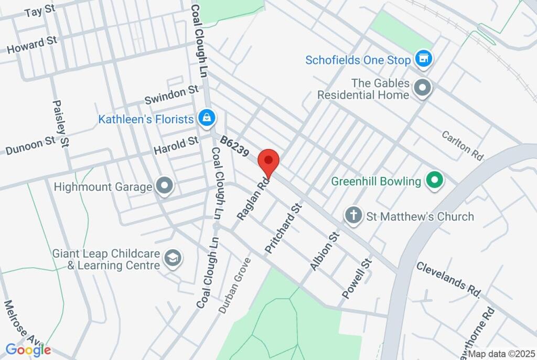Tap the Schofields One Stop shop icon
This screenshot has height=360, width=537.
click(x=423, y=59)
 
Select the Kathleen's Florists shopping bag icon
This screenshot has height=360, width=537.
click(x=207, y=119)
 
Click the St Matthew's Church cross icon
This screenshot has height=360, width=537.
click(x=354, y=216)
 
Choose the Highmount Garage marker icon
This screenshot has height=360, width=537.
click(x=165, y=186)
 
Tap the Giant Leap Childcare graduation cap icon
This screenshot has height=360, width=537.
click(x=173, y=258)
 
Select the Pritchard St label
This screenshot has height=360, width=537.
click(x=284, y=229)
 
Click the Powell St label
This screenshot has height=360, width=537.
click(x=357, y=278)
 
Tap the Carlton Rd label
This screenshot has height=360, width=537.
click(x=462, y=145)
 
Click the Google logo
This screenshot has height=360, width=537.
click(x=28, y=350)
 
